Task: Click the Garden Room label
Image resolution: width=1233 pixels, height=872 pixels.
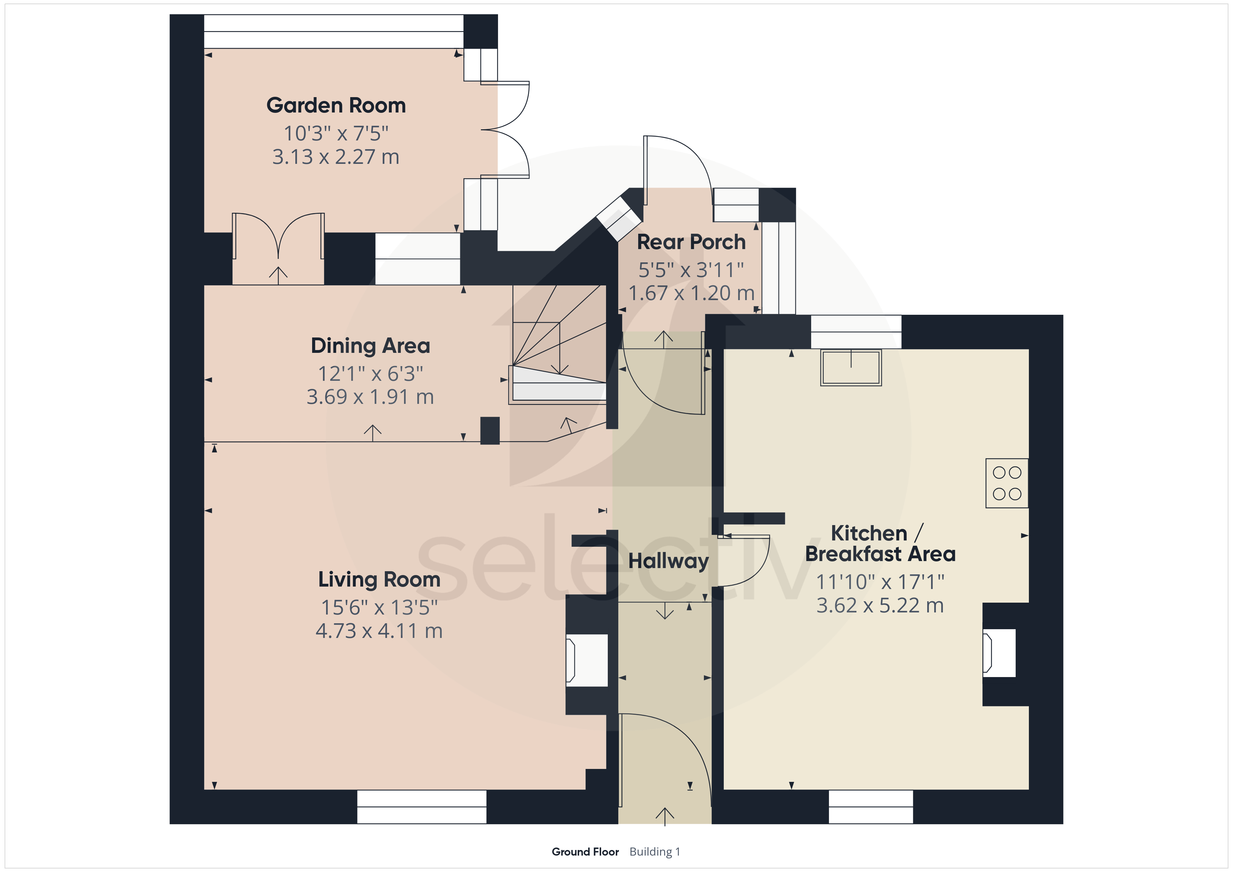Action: point(336,105)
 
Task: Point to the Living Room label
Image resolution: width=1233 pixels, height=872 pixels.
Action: point(379,579)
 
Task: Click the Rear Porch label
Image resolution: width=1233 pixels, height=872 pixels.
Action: point(691,242)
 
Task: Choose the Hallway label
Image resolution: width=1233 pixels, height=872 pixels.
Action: point(668,561)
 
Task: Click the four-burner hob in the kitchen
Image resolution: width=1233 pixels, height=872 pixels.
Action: point(1007,483)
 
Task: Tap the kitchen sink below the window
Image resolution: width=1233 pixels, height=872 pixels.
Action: point(851,368)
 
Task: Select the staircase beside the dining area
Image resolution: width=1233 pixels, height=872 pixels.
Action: point(558,344)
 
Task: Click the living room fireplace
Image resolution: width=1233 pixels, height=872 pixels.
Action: point(586,660)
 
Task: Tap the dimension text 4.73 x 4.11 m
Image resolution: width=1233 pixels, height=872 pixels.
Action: point(379,631)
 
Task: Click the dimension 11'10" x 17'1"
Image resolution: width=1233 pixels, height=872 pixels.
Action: point(880,582)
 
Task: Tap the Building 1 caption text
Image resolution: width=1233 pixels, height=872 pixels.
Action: point(655,852)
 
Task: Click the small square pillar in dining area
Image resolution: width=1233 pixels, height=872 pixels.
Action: point(489,431)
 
